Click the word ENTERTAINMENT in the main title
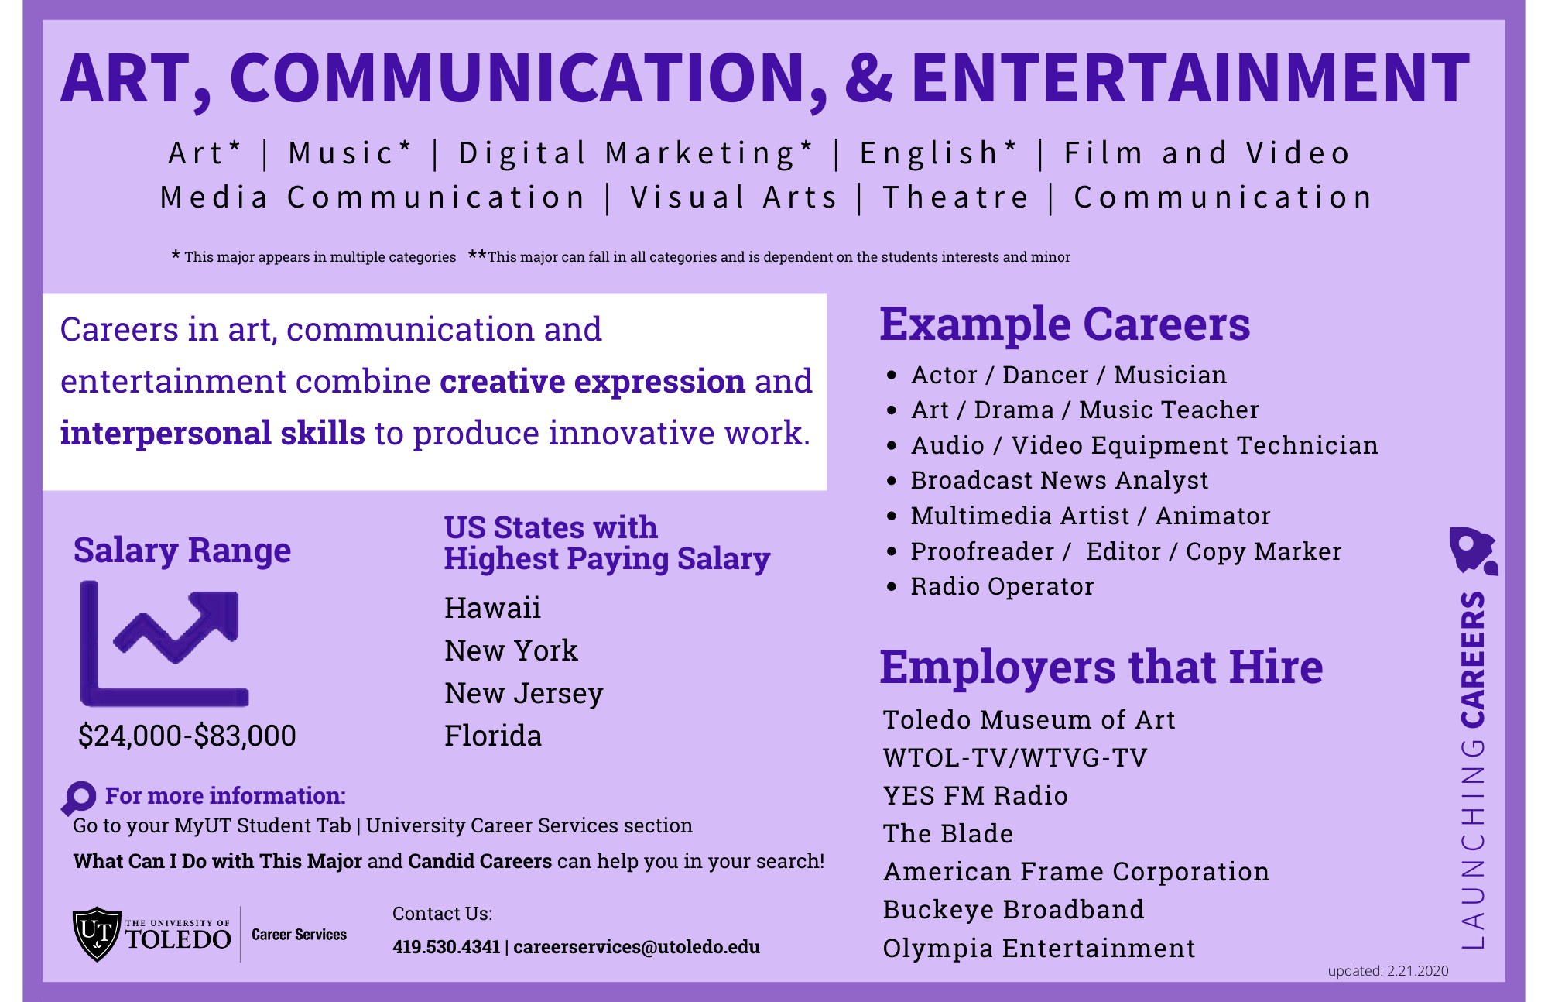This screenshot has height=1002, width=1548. [x=1190, y=77]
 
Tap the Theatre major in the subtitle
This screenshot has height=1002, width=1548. [x=956, y=197]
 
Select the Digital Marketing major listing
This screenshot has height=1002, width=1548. [x=635, y=153]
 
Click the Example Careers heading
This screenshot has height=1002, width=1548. [x=1064, y=324]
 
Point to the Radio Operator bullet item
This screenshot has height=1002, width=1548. [x=1002, y=587]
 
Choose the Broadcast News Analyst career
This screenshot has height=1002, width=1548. [x=1059, y=481]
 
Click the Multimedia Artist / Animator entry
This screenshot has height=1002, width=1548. [x=1090, y=516]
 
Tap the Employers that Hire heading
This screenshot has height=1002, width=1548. [x=1101, y=667]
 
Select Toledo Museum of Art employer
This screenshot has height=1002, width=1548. [x=1029, y=720]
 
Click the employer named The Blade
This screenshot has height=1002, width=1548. [x=947, y=834]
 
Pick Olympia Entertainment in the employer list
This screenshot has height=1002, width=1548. [x=1039, y=949]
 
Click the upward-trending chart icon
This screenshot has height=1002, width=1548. [x=164, y=644]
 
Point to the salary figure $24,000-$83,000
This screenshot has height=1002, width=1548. [x=187, y=736]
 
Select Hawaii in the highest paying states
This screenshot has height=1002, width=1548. [x=492, y=609]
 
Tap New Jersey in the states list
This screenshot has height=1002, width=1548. [x=523, y=694]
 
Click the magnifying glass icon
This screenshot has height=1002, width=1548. [x=78, y=798]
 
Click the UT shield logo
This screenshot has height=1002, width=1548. [x=97, y=934]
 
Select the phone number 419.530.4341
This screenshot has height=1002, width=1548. [x=446, y=947]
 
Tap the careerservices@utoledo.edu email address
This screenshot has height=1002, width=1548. [x=636, y=947]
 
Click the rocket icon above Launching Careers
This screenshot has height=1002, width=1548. [x=1471, y=551]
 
